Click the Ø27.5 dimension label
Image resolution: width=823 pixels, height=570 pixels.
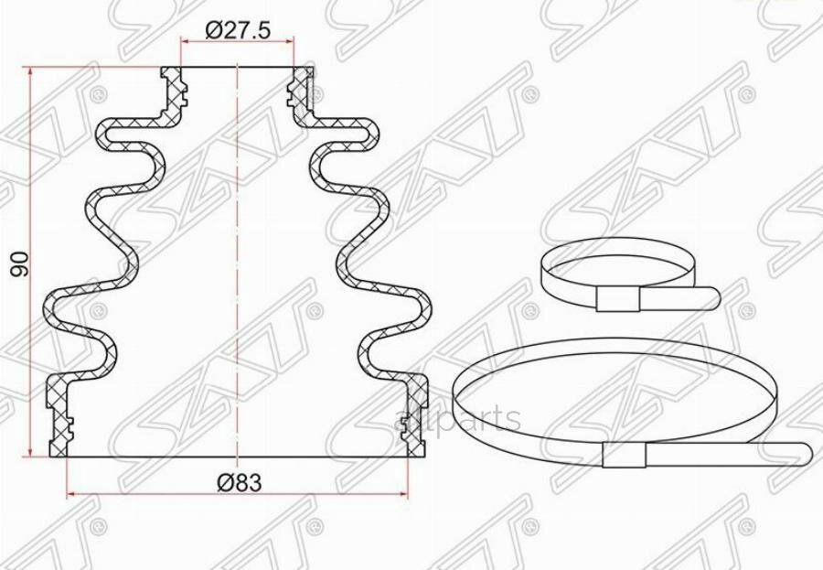point(238,31)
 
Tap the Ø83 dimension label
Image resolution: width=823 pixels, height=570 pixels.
point(239,482)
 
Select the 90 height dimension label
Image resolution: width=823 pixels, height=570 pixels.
point(21,263)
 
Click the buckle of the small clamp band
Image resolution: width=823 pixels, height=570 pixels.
point(618,299)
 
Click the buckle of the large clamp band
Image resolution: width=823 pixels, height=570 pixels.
point(625,455)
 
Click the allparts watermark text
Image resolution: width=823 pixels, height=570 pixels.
point(456,419)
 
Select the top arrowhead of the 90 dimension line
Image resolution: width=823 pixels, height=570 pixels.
point(31,72)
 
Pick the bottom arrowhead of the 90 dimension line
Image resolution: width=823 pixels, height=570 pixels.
point(31,452)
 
